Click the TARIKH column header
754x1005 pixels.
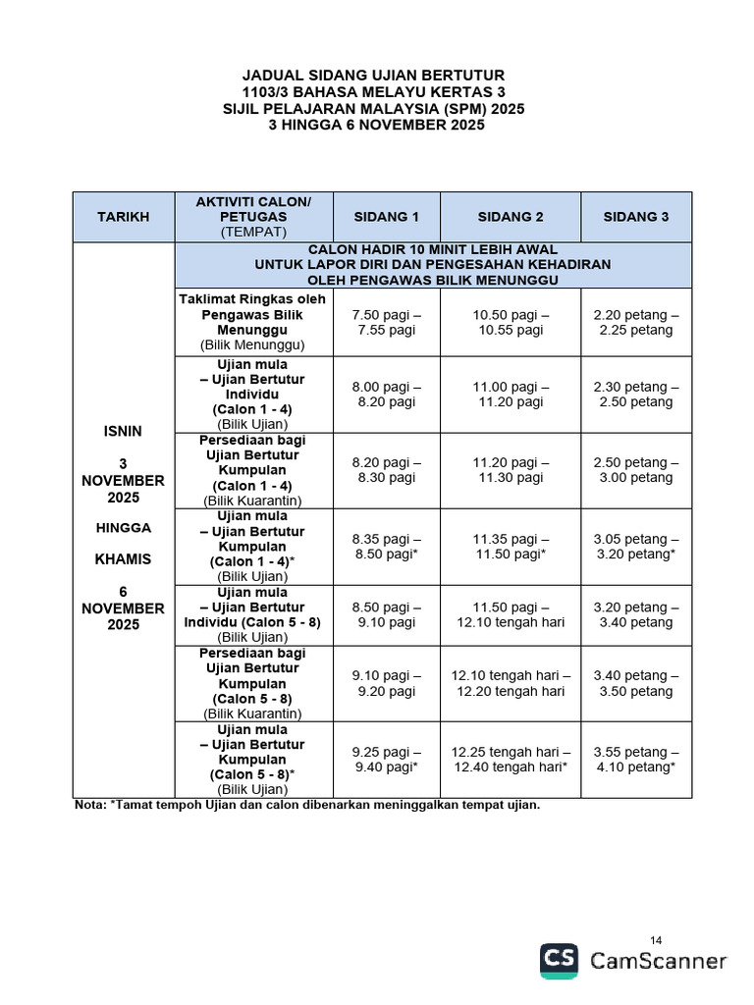(x=123, y=217)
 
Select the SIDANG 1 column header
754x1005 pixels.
(x=386, y=217)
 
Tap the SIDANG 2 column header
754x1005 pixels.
(x=511, y=217)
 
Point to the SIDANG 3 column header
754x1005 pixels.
(x=635, y=217)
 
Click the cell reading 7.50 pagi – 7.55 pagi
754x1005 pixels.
(x=386, y=323)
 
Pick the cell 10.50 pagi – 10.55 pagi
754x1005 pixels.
(x=511, y=323)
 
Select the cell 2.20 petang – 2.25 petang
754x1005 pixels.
(x=635, y=323)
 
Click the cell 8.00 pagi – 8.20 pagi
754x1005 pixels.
(x=386, y=395)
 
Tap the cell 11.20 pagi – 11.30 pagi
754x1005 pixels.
(x=511, y=470)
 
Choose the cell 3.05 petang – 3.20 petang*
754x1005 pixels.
(x=635, y=547)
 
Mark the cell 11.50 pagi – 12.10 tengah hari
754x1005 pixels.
(x=511, y=615)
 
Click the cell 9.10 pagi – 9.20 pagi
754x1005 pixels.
(x=386, y=683)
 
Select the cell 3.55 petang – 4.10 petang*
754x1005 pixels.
(x=635, y=760)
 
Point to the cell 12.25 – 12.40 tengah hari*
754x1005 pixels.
(x=511, y=760)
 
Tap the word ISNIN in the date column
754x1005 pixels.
(x=123, y=431)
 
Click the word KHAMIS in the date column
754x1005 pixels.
(x=123, y=559)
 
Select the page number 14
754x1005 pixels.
(x=657, y=940)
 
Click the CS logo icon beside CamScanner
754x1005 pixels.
(x=559, y=961)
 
